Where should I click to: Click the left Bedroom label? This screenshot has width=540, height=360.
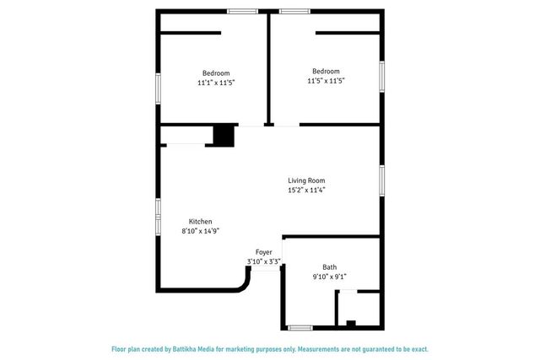coord(215,73)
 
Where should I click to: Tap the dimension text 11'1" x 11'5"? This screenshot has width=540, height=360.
coord(215,83)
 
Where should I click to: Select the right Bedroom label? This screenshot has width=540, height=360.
coord(326,71)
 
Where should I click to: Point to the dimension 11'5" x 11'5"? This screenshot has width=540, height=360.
coord(326,81)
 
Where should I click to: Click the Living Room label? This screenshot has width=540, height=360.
coord(306,180)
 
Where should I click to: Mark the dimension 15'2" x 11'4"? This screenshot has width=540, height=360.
coord(306,191)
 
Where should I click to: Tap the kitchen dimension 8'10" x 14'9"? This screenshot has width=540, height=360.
coord(201,231)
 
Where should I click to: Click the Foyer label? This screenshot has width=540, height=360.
coord(264,252)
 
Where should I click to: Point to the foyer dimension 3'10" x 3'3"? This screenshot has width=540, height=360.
coord(264,262)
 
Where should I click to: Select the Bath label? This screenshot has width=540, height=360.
coord(329,266)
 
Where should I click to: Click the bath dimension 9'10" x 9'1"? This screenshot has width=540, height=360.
coord(329,277)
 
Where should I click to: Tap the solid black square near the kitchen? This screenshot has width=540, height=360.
coord(224,136)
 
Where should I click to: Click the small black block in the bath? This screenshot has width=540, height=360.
coord(352,323)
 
